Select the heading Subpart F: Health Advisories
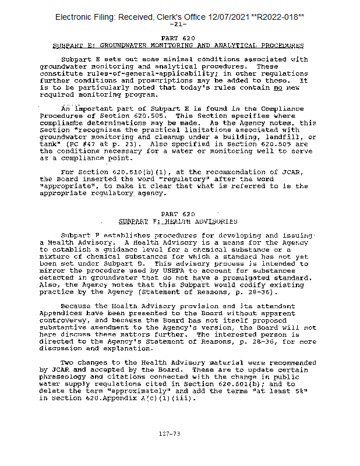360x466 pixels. tap(178, 221)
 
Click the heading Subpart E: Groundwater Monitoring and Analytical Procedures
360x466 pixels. tap(178, 45)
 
